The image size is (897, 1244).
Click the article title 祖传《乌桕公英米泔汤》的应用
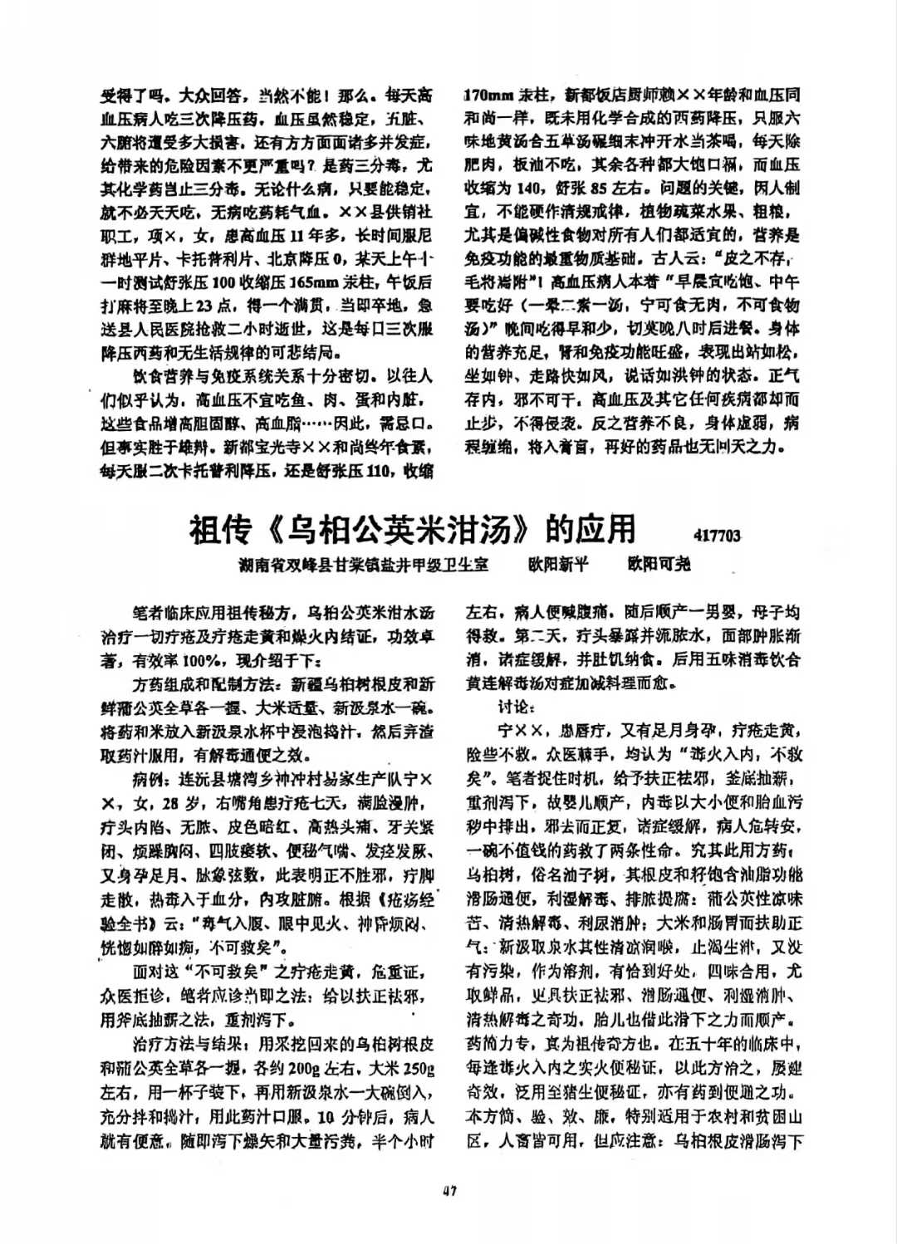[413, 528]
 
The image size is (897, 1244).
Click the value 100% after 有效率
[201, 662]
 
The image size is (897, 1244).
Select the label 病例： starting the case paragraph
[152, 781]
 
